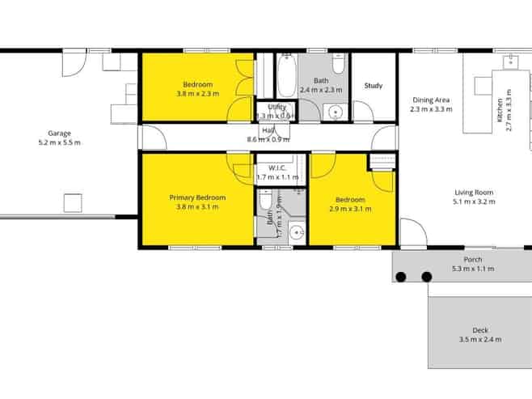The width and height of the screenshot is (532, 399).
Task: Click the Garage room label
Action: (59, 133)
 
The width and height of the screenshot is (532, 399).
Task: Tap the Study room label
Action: (373, 85)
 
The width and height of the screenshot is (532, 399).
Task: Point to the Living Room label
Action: (473, 193)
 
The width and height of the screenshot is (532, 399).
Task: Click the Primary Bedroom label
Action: (197, 197)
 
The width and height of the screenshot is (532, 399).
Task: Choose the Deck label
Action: (479, 330)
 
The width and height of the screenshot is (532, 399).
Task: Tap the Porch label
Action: (473, 259)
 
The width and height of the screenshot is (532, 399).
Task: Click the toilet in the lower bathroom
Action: (264, 201)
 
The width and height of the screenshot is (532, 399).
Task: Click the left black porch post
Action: (400, 278)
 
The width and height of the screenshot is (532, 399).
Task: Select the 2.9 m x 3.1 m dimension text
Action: (350, 209)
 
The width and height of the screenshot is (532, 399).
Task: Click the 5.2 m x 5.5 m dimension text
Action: (59, 142)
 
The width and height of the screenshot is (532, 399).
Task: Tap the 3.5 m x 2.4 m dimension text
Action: (479, 340)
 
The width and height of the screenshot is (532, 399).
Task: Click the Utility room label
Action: (277, 107)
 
